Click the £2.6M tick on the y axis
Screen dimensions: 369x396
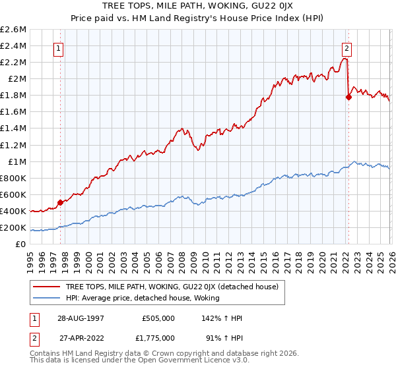(13, 30)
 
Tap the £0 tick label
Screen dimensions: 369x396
(20, 244)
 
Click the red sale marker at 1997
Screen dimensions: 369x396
(60, 202)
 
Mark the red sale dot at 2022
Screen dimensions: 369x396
(348, 97)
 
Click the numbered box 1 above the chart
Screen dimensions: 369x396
(59, 47)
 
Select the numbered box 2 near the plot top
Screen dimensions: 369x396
(346, 47)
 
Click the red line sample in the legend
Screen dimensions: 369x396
(47, 287)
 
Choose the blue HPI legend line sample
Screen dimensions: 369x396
(47, 298)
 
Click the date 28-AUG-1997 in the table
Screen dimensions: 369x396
(79, 317)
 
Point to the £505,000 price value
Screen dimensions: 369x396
(158, 317)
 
